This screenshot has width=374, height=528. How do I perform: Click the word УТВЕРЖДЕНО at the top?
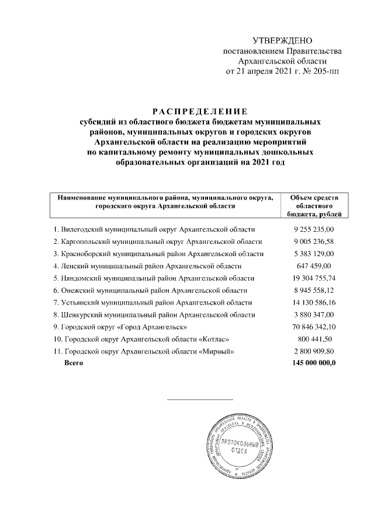point(282,40)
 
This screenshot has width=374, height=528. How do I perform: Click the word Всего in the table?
point(74,363)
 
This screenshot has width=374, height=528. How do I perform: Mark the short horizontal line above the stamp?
point(200,399)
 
